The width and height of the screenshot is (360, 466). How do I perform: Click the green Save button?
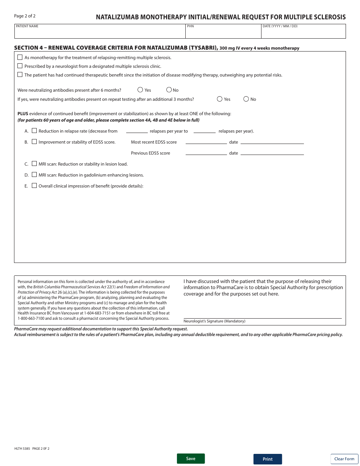pyautogui.click(x=191, y=458)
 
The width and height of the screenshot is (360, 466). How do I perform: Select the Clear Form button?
pyautogui.click(x=344, y=459)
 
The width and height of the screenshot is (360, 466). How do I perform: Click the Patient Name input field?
pyautogui.click(x=100, y=33)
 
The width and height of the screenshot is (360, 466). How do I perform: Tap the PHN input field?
pyautogui.click(x=223, y=33)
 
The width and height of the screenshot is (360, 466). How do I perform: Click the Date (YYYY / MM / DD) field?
pyautogui.click(x=303, y=33)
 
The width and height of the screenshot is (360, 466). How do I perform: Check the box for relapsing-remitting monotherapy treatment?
pyautogui.click(x=20, y=58)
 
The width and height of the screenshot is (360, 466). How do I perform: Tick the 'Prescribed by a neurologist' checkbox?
pyautogui.click(x=20, y=66)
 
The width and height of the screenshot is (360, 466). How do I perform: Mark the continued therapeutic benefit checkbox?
pyautogui.click(x=20, y=75)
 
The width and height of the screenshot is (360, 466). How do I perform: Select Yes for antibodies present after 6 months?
pyautogui.click(x=140, y=90)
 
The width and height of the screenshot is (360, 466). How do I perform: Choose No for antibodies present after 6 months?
pyautogui.click(x=169, y=90)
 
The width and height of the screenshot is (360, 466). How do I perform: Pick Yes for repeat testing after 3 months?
pyautogui.click(x=220, y=99)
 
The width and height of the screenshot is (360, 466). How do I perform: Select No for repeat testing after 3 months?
pyautogui.click(x=246, y=99)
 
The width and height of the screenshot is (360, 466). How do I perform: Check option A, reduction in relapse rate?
pyautogui.click(x=34, y=131)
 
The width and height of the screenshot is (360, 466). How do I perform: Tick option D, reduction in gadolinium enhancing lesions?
pyautogui.click(x=34, y=175)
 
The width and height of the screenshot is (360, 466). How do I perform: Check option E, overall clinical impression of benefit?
pyautogui.click(x=34, y=186)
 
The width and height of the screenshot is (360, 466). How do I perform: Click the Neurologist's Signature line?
pyautogui.click(x=262, y=314)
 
